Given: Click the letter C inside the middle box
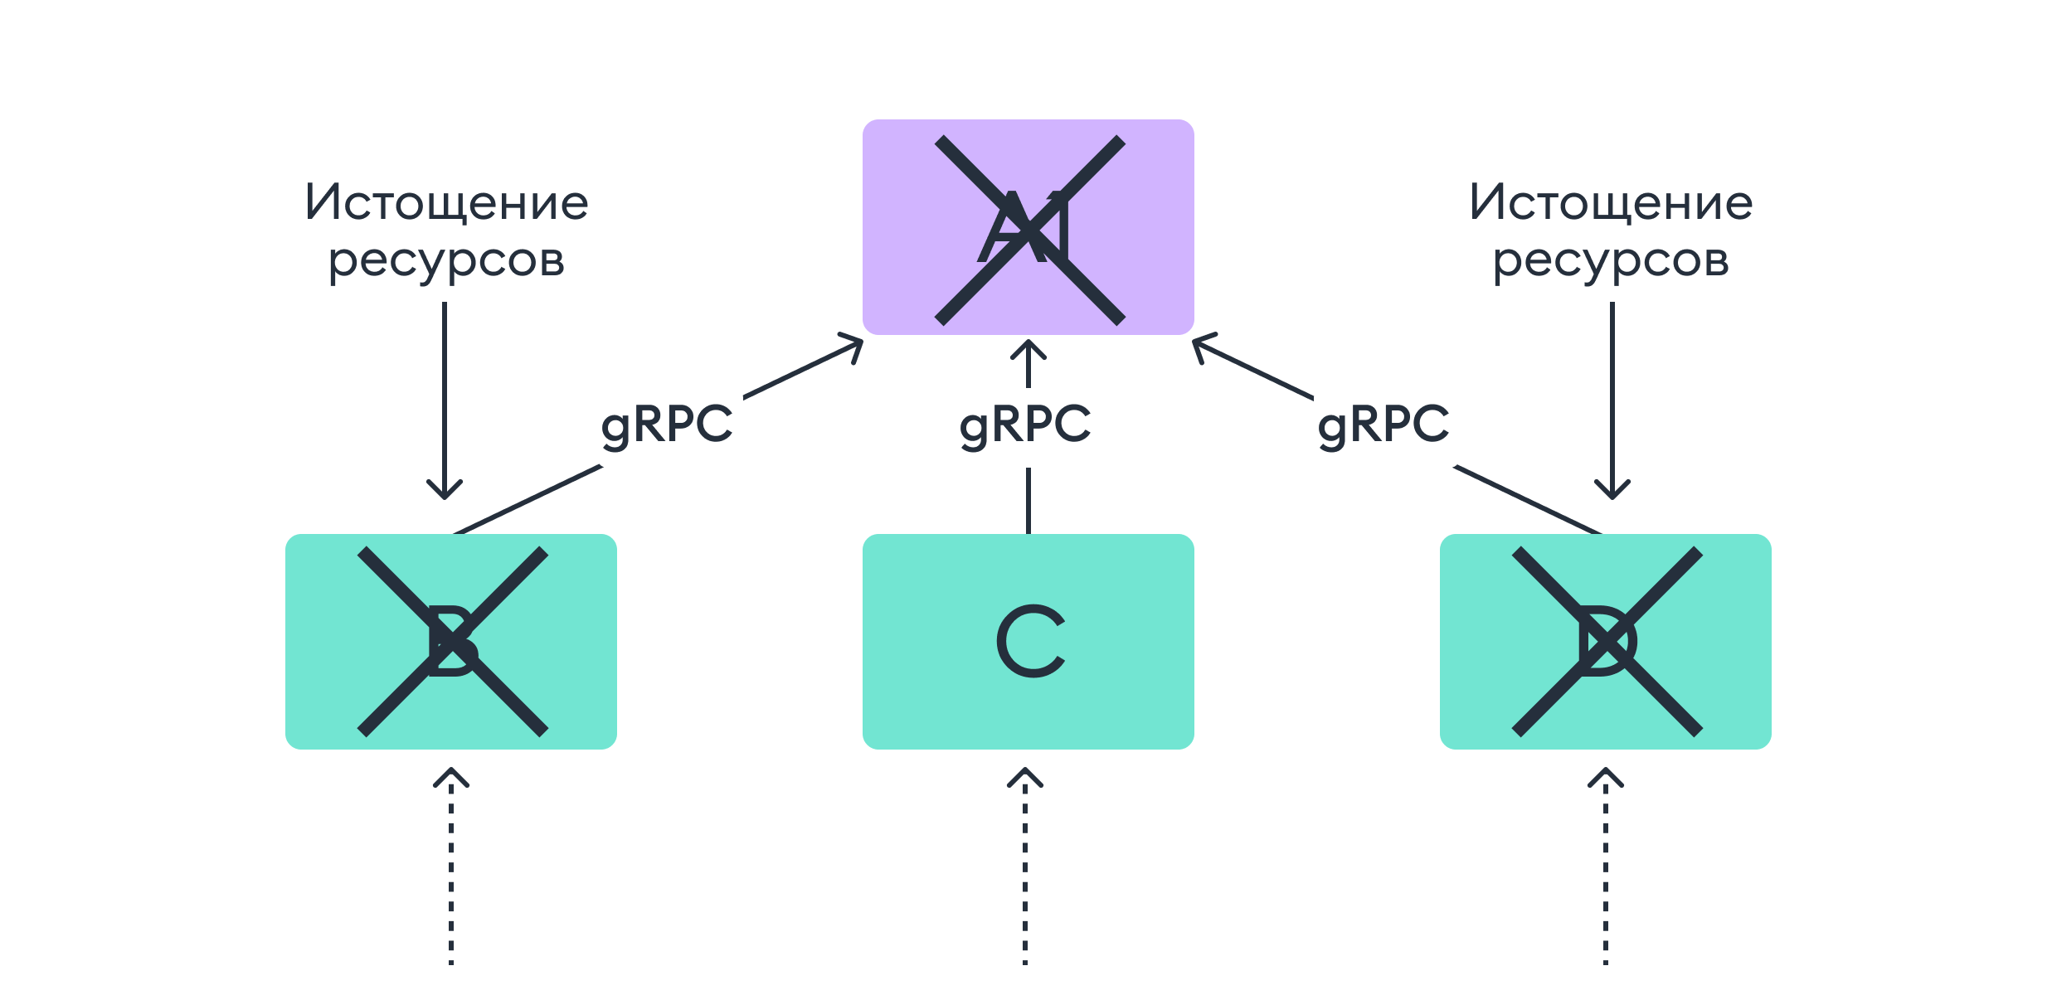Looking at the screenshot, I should [x=1029, y=641].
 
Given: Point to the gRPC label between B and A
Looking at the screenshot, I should [x=667, y=425].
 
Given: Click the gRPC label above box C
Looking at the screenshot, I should [x=1025, y=425].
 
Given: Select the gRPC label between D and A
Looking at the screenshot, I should [x=1383, y=425].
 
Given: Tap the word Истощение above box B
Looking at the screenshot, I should [x=446, y=202].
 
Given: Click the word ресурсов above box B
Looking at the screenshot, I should [x=446, y=260].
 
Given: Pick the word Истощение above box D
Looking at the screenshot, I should [x=1611, y=202].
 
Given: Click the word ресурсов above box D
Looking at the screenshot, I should [x=1611, y=260].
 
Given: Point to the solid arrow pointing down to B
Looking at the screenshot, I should [x=445, y=398].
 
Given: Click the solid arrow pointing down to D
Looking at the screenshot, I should [x=1612, y=398].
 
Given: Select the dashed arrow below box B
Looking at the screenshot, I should [x=451, y=866].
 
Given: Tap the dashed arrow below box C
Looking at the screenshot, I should [x=1025, y=866].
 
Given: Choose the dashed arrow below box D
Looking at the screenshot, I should [x=1606, y=866].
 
